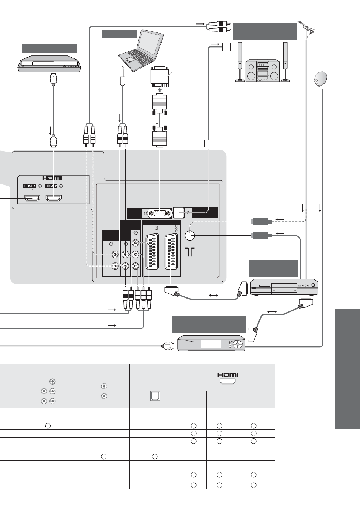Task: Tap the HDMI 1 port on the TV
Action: (x=32, y=198)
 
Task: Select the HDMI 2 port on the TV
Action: (x=54, y=198)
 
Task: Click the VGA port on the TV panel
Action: (x=160, y=213)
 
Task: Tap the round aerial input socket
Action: (x=190, y=235)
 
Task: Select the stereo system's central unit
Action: (x=262, y=71)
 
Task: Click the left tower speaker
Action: (x=240, y=62)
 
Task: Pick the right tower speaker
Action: (x=285, y=62)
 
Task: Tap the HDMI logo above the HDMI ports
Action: (x=52, y=178)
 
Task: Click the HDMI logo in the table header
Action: (x=228, y=375)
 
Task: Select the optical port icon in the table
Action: (x=155, y=396)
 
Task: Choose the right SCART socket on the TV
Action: (x=171, y=251)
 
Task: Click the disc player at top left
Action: (x=49, y=64)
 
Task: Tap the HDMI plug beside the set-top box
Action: (x=168, y=346)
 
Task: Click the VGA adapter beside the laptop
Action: (x=159, y=77)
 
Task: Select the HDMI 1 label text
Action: (x=29, y=186)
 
